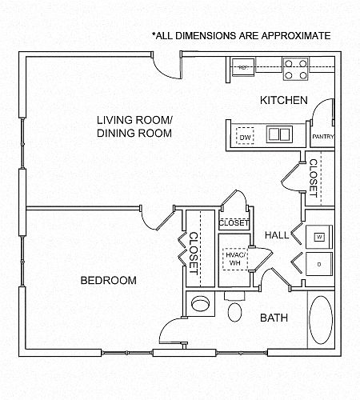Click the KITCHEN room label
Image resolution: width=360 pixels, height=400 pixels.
coord(284,100)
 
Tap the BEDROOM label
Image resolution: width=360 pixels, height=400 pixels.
coord(109,280)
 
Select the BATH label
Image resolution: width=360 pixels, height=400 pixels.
coord(274,318)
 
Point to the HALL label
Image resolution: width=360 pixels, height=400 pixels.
coord(277,235)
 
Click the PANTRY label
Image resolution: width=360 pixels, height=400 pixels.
coord(323,137)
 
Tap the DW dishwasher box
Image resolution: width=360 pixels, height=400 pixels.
coord(245,136)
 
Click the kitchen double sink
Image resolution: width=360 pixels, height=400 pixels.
coord(279,134)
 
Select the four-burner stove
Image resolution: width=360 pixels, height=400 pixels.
coord(295,69)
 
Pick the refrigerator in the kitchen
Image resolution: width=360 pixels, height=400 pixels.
coord(242,67)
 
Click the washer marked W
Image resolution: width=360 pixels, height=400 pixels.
coord(319,237)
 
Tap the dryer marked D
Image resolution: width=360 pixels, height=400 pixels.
coord(319,264)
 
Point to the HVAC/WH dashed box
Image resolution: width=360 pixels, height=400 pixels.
coord(235,259)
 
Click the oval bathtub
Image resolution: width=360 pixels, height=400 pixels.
coord(321,320)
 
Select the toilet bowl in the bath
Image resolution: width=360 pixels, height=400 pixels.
coord(235,312)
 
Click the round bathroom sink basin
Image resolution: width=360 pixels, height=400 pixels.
coord(200,304)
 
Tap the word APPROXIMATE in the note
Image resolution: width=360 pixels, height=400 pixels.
coord(296,36)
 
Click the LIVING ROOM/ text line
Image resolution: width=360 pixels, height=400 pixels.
coord(134,120)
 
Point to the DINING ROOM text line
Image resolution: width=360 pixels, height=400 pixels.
coord(134,133)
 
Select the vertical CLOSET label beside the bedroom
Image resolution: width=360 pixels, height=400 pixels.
coord(194,254)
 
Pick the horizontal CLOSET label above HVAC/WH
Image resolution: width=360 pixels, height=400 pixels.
coord(234,222)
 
